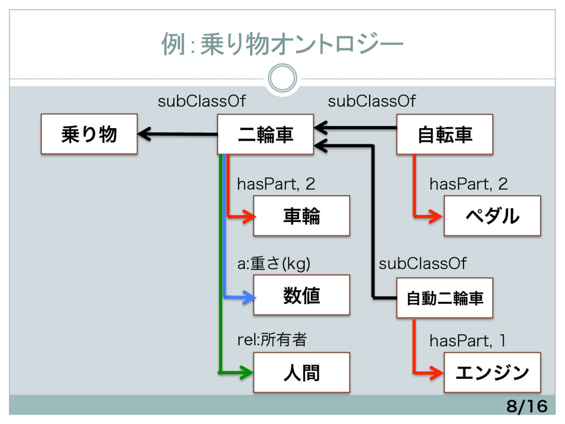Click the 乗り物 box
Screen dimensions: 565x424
coord(89,134)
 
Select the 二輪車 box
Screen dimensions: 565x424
coord(265,134)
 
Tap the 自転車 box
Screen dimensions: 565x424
coord(445,134)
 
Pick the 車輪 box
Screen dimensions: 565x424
coord(302,216)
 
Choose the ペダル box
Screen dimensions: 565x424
coord(492,216)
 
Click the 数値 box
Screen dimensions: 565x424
coord(302,295)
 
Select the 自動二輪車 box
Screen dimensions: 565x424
coord(445,298)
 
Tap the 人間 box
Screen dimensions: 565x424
coord(302,373)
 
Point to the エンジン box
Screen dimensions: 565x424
coord(492,373)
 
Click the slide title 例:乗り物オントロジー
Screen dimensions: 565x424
coord(282,44)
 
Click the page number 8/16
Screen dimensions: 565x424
coord(527,406)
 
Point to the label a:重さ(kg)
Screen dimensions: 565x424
coord(274,263)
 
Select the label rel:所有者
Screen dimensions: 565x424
coord(272,340)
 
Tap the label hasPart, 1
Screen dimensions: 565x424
coord(467,341)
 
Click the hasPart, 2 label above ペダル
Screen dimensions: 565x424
coord(468,184)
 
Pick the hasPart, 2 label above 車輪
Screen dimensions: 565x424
coord(276,184)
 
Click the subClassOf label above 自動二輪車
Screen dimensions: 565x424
coord(422,263)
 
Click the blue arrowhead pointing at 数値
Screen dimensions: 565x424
coord(249,298)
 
